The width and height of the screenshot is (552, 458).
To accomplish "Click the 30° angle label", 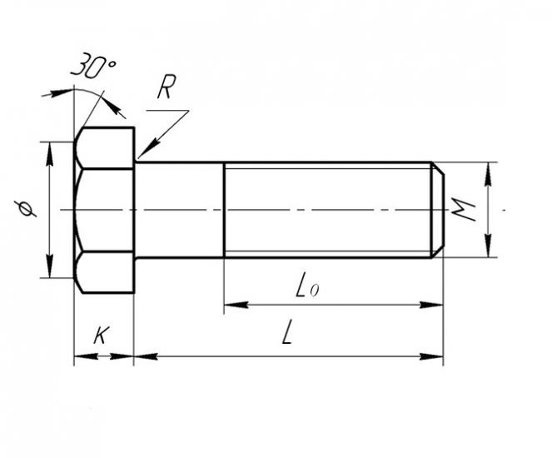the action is (x=92, y=66).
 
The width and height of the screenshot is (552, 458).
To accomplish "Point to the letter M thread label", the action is (x=464, y=210).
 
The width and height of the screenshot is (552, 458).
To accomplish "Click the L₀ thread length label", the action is (x=307, y=288).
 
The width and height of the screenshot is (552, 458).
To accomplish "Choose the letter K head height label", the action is (x=102, y=335).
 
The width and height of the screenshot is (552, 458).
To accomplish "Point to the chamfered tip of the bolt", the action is (x=438, y=210).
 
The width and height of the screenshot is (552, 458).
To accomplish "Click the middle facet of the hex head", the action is (x=105, y=210).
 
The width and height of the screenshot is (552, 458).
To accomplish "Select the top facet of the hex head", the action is (x=106, y=148).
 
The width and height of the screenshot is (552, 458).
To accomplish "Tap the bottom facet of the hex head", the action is (x=106, y=272).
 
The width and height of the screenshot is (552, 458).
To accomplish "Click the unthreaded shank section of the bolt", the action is (x=180, y=210).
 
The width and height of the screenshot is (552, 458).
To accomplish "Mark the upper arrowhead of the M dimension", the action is (x=488, y=174).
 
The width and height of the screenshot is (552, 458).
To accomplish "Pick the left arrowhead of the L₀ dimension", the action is (x=236, y=305).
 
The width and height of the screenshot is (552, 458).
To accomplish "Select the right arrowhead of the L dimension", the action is (x=431, y=356).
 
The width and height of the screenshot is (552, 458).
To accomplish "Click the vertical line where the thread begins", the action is (x=224, y=210).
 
